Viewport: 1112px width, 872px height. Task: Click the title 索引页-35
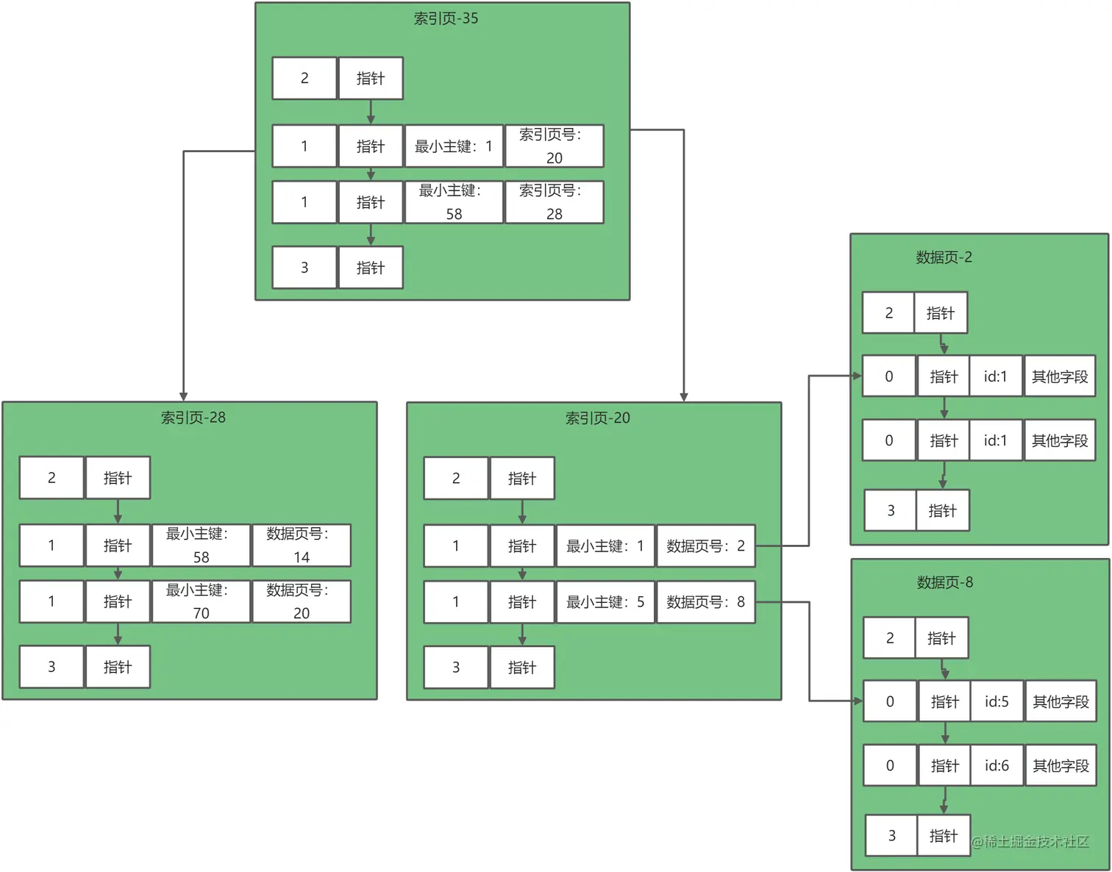pyautogui.click(x=446, y=18)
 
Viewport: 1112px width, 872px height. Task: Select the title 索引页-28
pyautogui.click(x=193, y=418)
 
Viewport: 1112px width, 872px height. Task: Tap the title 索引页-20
pyautogui.click(x=597, y=418)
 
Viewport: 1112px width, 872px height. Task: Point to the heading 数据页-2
pyautogui.click(x=944, y=257)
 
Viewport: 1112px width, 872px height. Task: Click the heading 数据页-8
pyautogui.click(x=944, y=582)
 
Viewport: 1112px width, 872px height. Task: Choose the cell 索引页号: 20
pyautogui.click(x=554, y=146)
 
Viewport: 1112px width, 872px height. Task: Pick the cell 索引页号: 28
pyautogui.click(x=554, y=202)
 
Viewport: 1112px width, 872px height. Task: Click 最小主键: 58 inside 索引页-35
pyautogui.click(x=454, y=202)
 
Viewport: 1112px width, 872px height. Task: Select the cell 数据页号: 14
pyautogui.click(x=301, y=546)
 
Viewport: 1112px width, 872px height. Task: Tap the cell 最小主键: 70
pyautogui.click(x=201, y=601)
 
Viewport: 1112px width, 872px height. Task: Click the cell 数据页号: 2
pyautogui.click(x=705, y=546)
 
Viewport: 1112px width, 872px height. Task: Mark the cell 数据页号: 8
pyautogui.click(x=705, y=602)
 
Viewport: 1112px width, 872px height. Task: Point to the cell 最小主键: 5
pyautogui.click(x=605, y=602)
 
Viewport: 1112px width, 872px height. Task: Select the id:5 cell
pyautogui.click(x=997, y=701)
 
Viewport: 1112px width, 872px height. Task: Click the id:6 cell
pyautogui.click(x=997, y=765)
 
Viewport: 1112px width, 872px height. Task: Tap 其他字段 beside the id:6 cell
pyautogui.click(x=1061, y=765)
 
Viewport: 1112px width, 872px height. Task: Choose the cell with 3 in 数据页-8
pyautogui.click(x=891, y=835)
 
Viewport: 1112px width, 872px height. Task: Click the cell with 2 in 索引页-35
pyautogui.click(x=304, y=79)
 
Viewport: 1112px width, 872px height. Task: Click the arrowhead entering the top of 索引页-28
pyautogui.click(x=183, y=396)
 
